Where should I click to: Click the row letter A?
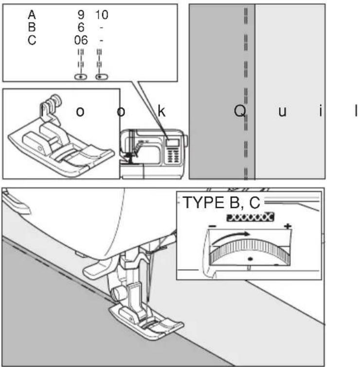32,15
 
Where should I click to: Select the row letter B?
32,27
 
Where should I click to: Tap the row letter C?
32,40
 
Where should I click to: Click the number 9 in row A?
81,15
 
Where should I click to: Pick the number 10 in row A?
102,15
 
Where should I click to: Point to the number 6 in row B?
81,27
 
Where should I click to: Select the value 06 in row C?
81,40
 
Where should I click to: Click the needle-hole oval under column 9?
81,77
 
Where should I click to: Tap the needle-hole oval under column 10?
102,77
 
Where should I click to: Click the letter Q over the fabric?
240,111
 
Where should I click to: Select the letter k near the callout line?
162,111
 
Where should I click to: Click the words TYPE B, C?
221,202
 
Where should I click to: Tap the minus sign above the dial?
213,226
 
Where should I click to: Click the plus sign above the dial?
288,226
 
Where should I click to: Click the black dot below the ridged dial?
250,259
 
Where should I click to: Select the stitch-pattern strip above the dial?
250,217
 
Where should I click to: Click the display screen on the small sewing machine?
172,143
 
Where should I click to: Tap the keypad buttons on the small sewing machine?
173,156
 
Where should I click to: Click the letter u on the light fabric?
283,112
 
